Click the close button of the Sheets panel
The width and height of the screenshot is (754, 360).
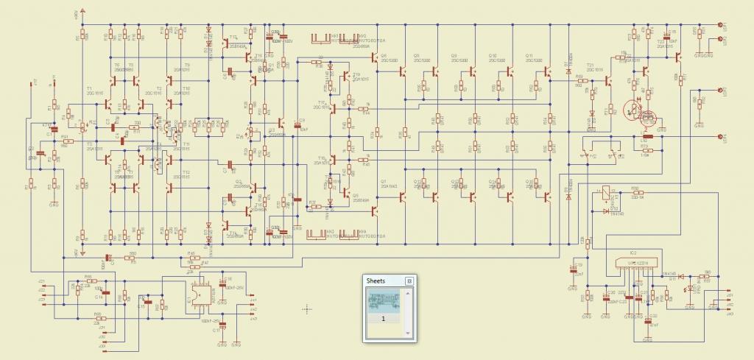point(409,280)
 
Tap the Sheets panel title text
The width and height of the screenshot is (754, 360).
point(376,280)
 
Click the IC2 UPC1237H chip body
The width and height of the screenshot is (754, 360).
point(634,264)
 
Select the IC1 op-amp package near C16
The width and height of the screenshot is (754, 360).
point(199,294)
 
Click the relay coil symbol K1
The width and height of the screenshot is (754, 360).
point(606,193)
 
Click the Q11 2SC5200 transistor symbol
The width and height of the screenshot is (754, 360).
point(546,71)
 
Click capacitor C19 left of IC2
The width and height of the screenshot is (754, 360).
point(572,269)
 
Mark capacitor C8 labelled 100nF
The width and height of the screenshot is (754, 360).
point(296,124)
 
